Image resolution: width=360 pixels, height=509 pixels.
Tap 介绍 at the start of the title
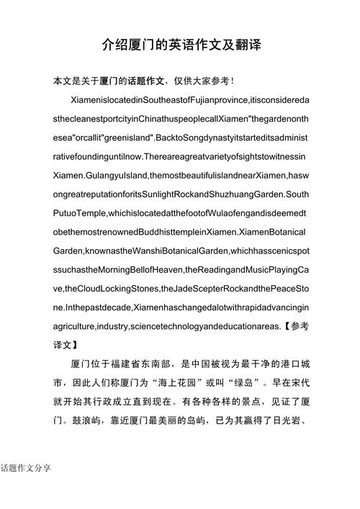click(114, 45)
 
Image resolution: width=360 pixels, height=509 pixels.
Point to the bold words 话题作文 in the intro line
click(148, 80)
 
